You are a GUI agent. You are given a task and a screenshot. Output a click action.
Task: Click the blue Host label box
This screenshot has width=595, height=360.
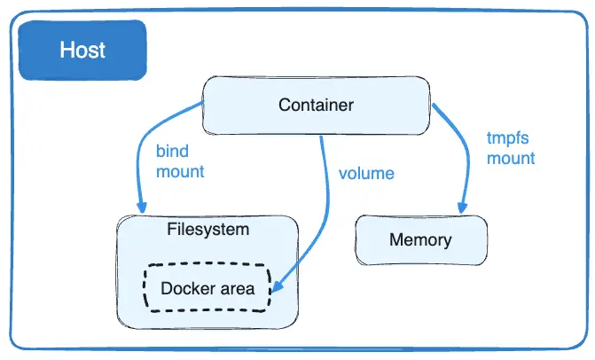click(x=83, y=50)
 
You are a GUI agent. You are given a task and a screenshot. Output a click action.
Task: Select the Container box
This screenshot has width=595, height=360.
click(x=317, y=106)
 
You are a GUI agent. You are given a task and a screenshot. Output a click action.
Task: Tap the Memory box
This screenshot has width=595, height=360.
click(x=420, y=239)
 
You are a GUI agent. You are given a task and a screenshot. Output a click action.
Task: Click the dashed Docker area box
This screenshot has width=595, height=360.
click(x=207, y=288)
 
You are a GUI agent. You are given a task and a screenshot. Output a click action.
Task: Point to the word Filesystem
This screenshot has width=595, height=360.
click(x=207, y=229)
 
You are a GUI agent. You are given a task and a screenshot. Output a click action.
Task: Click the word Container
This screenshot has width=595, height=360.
click(x=317, y=106)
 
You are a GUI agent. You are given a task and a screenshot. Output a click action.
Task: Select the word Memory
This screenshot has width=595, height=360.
click(x=420, y=239)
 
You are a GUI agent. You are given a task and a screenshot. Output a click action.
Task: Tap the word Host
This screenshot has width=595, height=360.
click(x=83, y=50)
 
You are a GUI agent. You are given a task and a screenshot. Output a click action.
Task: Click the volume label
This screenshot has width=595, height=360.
click(x=366, y=172)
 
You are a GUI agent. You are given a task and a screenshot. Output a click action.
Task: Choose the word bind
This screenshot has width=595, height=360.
click(x=172, y=152)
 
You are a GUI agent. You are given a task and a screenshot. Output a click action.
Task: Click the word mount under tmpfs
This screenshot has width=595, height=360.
click(x=511, y=159)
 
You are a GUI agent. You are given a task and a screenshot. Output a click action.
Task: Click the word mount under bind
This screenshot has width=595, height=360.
click(x=180, y=171)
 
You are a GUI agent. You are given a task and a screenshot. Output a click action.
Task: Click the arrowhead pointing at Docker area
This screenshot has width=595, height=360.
click(x=277, y=287)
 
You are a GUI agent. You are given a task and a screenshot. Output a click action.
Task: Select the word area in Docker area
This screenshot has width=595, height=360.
click(x=236, y=288)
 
